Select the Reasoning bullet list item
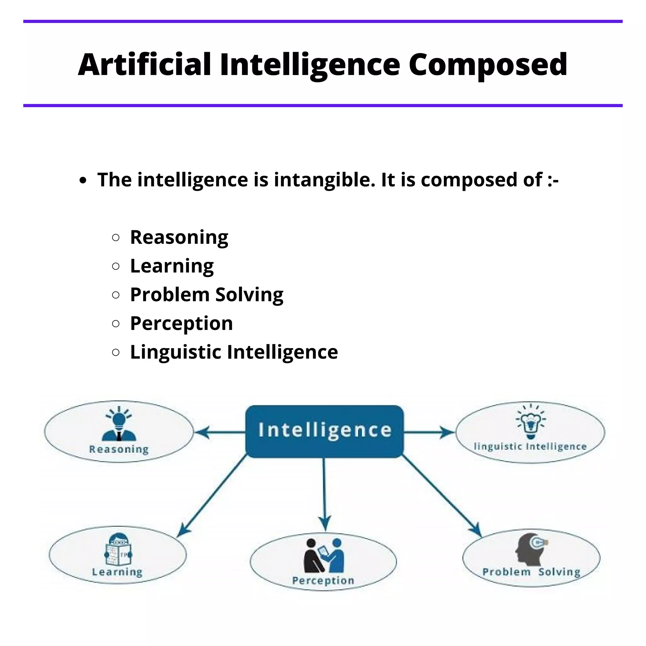[179, 238]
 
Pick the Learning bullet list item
[172, 266]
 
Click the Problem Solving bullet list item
[207, 295]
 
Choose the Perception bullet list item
[181, 323]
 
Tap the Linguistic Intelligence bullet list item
[234, 352]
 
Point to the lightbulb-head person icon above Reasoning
[119, 424]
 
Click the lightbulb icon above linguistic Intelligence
[530, 421]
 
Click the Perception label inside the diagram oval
[323, 580]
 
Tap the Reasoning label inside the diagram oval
[119, 449]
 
